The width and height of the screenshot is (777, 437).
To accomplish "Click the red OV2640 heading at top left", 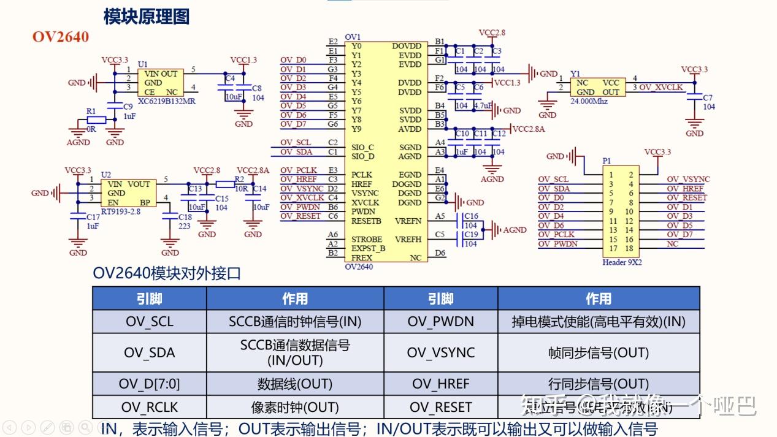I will pos(61,37).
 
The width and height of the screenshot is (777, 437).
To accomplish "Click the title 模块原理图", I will pos(146,16).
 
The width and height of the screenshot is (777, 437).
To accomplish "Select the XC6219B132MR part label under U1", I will pos(166,101).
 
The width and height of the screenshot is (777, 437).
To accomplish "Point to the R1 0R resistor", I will pos(97,120).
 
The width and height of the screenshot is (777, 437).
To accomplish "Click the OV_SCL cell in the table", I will pos(149,321).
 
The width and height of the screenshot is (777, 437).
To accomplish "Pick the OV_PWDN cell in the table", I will pos(440,321).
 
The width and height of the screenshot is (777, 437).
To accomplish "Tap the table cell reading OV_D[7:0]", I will pos(149,384).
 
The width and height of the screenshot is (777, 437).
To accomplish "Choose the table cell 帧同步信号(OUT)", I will pos(598,352).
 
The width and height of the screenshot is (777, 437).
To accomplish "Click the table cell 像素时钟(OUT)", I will pos(294,408).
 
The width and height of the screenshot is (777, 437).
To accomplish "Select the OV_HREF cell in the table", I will pos(440,384).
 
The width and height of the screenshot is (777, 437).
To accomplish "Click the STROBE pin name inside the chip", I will pos(367,239).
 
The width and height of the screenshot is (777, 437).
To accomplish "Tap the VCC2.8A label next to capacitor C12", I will pos(528,129).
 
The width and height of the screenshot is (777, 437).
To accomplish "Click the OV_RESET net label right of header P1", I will pos(686,198).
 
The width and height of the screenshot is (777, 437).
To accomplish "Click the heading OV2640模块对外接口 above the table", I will pos(167,273).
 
